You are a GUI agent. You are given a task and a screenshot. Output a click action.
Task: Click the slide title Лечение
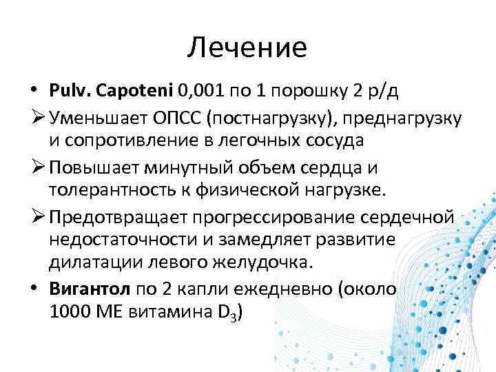click(x=247, y=48)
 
